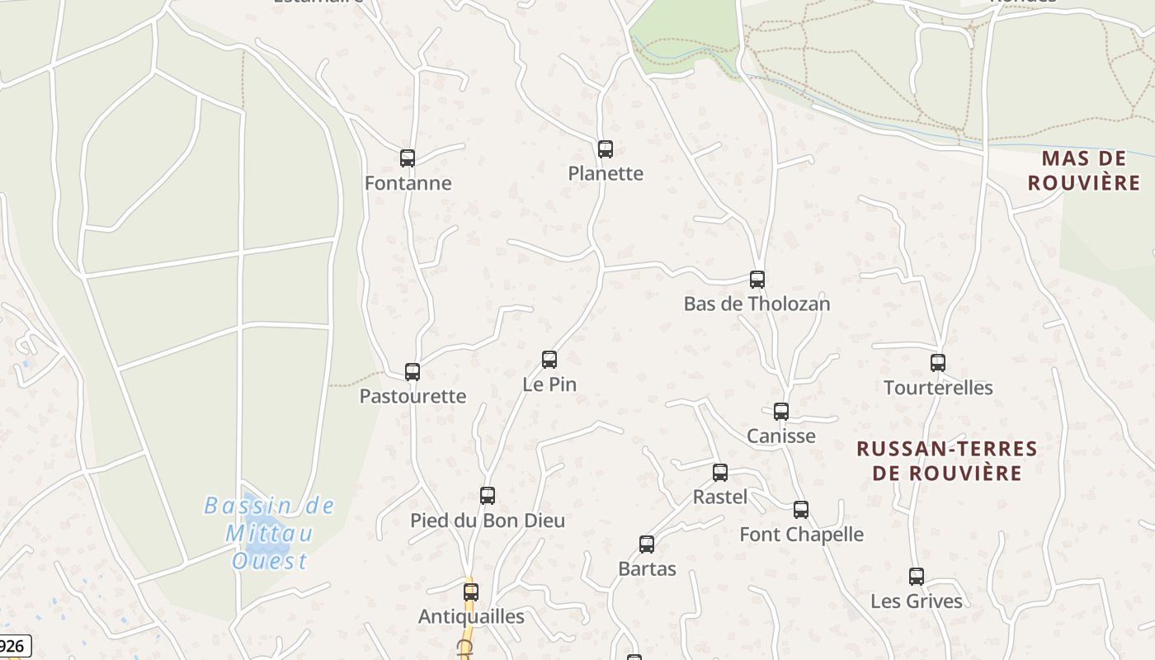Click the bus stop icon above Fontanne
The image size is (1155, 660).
point(407,158)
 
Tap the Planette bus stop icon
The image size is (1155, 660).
point(606,149)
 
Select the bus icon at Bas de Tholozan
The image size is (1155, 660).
point(757,280)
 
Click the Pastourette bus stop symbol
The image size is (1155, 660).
point(412,372)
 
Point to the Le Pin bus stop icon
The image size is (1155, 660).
point(549,360)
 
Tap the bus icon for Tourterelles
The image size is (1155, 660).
point(938,363)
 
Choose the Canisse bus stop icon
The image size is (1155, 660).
point(781,412)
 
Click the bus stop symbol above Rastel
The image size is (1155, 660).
point(720,473)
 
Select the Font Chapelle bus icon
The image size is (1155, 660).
point(801,510)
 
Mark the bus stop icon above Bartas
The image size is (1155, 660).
point(647,544)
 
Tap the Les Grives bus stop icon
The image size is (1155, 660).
point(917,577)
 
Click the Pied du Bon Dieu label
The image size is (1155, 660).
point(488,521)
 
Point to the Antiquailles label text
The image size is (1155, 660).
point(471,616)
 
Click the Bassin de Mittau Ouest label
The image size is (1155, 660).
point(270,533)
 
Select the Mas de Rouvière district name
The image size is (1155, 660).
point(1084,170)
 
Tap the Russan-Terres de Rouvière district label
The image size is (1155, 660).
point(947,460)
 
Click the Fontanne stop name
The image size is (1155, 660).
point(408,183)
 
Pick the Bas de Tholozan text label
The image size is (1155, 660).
point(757,304)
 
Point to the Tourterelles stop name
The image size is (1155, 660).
point(938,388)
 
